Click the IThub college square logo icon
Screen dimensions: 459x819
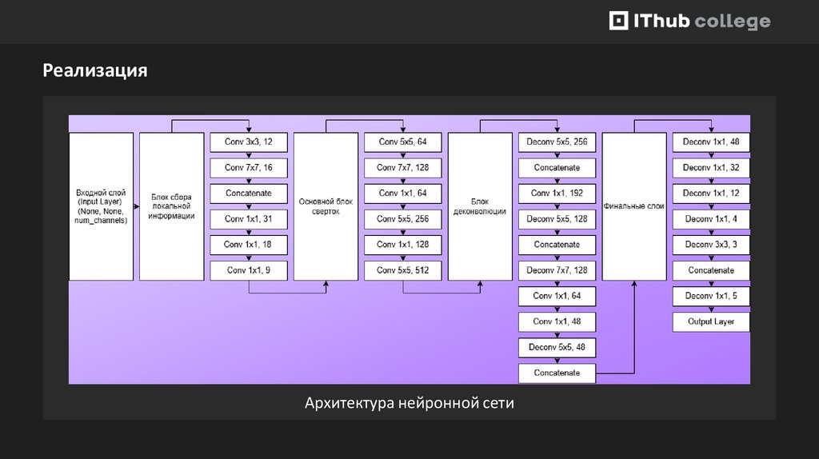[x=619, y=22]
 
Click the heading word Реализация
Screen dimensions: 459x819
[x=95, y=70]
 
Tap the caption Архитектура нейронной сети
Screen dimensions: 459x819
[x=409, y=403]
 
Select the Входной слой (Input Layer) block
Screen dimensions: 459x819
[x=101, y=206]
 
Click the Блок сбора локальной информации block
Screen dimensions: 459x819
[x=171, y=206]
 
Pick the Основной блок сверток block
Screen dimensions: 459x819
[x=326, y=206]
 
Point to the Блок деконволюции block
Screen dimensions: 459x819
[x=480, y=206]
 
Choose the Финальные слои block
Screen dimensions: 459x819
[x=634, y=206]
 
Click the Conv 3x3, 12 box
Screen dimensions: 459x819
[x=249, y=142]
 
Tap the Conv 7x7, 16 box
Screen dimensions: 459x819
[x=249, y=168]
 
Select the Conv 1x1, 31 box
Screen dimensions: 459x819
[x=249, y=219]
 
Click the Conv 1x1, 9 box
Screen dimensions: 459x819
[x=249, y=270]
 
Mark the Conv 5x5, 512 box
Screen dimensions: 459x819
[x=403, y=270]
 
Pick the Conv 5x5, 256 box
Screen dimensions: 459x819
[x=403, y=219]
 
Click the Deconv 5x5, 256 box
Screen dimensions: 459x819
[x=557, y=142]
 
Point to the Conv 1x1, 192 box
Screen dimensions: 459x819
[x=557, y=194]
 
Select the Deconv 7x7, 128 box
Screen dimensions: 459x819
[x=557, y=270]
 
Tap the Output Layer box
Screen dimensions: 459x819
[x=711, y=321]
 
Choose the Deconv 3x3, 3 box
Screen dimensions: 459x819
[x=711, y=245]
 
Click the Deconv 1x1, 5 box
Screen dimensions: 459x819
[x=711, y=296]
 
